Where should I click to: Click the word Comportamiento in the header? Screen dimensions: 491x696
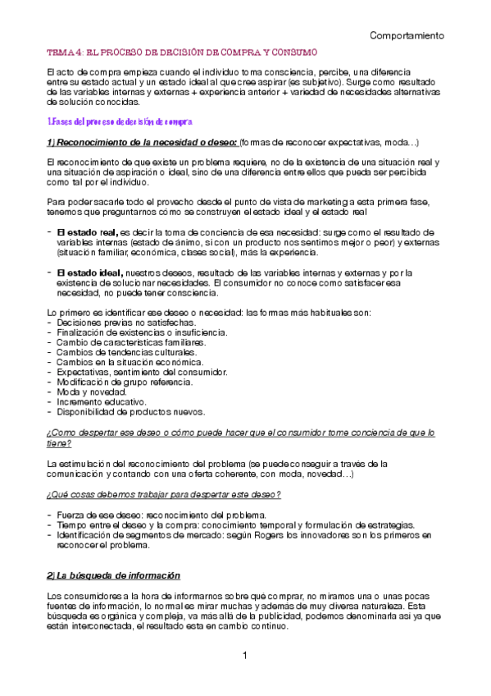pyautogui.click(x=407, y=36)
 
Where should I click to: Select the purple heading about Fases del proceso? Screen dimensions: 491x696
pyautogui.click(x=120, y=121)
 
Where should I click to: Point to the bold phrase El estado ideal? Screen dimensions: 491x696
pyautogui.click(x=89, y=272)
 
